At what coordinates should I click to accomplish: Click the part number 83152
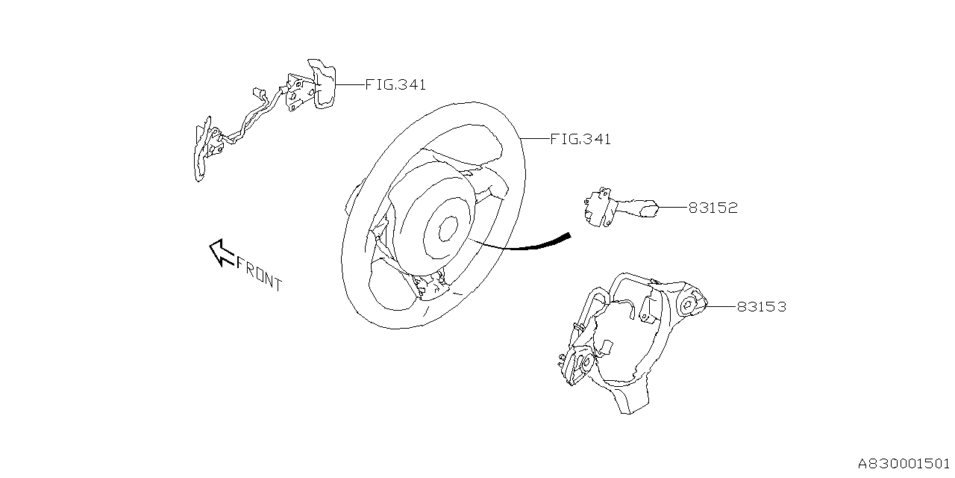click(x=713, y=208)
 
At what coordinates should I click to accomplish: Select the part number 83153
click(x=761, y=306)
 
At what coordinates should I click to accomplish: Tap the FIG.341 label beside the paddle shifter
click(x=395, y=84)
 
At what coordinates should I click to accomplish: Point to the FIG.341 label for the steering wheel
click(x=580, y=139)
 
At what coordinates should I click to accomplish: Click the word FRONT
click(x=259, y=273)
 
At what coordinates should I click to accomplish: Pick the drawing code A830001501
click(x=904, y=463)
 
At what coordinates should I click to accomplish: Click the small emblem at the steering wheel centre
click(x=447, y=229)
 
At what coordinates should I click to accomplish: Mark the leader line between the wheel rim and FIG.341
click(x=534, y=139)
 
